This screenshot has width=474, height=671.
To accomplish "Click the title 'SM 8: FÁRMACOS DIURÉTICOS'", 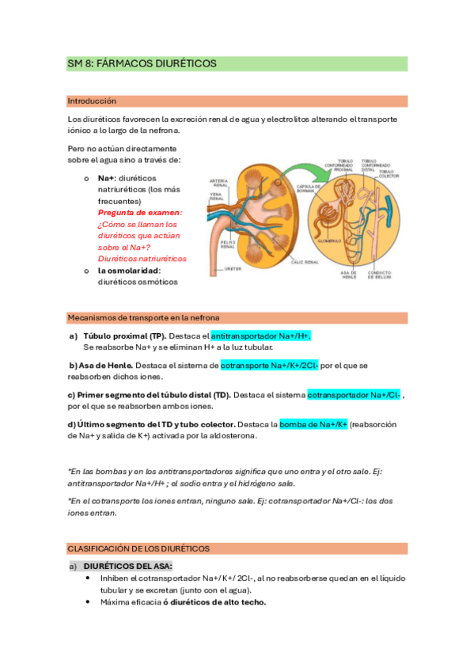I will pyautogui.click(x=142, y=63).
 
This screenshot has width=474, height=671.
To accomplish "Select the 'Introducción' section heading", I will pyautogui.click(x=92, y=101).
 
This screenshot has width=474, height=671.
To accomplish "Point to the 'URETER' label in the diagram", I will pyautogui.click(x=233, y=268).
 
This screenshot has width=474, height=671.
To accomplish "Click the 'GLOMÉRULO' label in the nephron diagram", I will pyautogui.click(x=328, y=241).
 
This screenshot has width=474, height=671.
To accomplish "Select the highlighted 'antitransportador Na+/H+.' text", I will pyautogui.click(x=260, y=336).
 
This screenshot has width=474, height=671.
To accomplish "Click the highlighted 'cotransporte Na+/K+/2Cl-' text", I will pyautogui.click(x=270, y=366).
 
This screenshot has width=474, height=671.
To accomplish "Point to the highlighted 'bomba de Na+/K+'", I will pyautogui.click(x=313, y=424).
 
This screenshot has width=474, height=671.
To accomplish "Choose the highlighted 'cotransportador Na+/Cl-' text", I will pyautogui.click(x=353, y=395).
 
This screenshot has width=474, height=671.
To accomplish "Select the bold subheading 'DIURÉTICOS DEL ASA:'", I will pyautogui.click(x=127, y=567).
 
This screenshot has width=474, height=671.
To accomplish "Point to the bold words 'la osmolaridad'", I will pyautogui.click(x=128, y=270).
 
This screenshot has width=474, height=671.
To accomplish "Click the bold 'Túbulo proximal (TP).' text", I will pyautogui.click(x=124, y=336).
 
